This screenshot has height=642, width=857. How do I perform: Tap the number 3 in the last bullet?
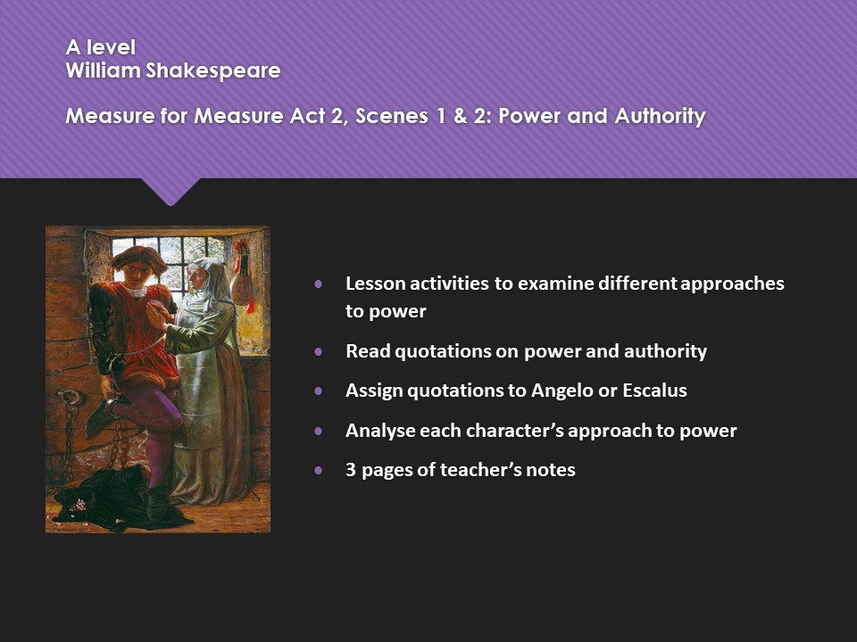tap(351, 470)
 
